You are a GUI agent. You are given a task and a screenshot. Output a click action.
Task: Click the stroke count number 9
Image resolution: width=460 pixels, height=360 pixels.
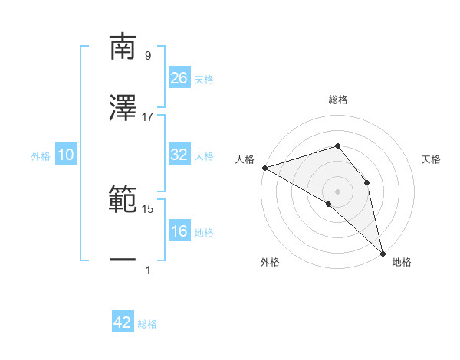pos(147,56)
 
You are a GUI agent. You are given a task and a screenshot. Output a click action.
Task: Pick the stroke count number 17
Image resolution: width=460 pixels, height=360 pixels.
pos(148,117)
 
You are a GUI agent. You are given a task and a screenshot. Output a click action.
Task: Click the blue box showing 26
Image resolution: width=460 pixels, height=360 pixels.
pos(179,77)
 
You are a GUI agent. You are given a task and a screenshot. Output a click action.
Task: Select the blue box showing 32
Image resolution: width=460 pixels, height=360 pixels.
pos(179,155)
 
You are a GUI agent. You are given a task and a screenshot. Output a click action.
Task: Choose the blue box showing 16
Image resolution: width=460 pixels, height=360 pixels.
pos(179,231)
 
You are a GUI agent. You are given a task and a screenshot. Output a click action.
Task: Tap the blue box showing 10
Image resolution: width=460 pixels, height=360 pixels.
pos(66,155)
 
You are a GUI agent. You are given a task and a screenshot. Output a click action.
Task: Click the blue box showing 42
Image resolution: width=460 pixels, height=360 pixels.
pos(123,322)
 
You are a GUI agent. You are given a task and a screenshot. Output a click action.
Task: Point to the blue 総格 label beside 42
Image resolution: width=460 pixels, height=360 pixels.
pos(147,324)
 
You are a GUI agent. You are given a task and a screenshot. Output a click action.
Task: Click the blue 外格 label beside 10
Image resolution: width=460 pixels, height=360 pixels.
pos(41,156)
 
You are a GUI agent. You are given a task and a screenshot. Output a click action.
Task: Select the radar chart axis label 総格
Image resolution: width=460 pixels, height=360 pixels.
pos(338,100)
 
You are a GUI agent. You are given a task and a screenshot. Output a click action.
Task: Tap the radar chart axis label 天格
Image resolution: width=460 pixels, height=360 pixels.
pos(432,159)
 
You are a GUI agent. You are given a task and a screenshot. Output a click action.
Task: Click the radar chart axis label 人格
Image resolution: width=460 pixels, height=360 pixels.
pos(245,159)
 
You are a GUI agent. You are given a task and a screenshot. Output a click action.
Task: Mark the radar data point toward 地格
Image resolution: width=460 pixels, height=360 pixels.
pos(383,252)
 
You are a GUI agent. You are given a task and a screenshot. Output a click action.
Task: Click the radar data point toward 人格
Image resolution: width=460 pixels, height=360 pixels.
pos(264,167)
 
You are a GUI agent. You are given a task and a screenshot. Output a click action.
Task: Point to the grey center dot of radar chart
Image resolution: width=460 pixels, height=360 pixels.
pos(337,190)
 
